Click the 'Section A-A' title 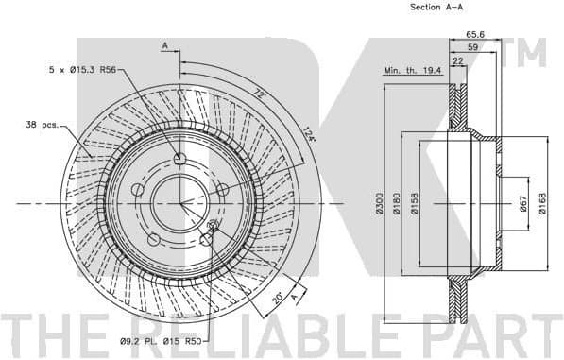(x=436, y=7)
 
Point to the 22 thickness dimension (x=457, y=61)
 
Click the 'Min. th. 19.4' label (x=411, y=69)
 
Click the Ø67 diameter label (x=522, y=203)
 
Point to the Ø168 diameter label (x=543, y=203)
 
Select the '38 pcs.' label (x=42, y=124)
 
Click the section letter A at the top (x=164, y=44)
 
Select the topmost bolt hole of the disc (x=180, y=159)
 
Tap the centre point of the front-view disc (x=180, y=202)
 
